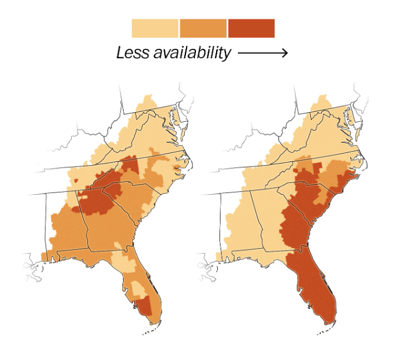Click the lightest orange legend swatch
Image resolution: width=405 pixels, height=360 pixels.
point(155,28)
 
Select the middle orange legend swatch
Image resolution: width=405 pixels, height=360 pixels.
point(203,28)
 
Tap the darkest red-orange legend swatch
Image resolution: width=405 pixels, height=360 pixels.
point(251,28)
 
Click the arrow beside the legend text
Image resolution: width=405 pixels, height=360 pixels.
point(263,54)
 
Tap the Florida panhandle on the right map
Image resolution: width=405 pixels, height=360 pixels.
point(259,254)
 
